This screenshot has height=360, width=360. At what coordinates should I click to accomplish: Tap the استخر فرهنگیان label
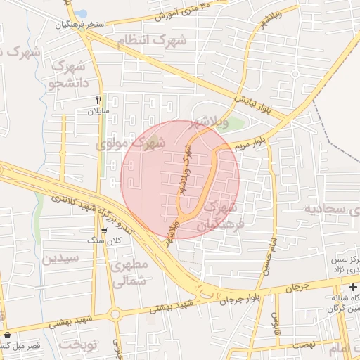(81, 24)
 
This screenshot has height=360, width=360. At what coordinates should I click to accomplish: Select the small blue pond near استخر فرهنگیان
(82, 13)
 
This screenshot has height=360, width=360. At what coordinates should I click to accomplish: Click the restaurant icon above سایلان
(99, 100)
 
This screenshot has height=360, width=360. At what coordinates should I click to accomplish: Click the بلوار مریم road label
(250, 141)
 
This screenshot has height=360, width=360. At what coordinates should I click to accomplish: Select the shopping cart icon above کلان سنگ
(104, 230)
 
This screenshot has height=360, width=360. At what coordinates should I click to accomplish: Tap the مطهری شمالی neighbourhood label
(129, 274)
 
